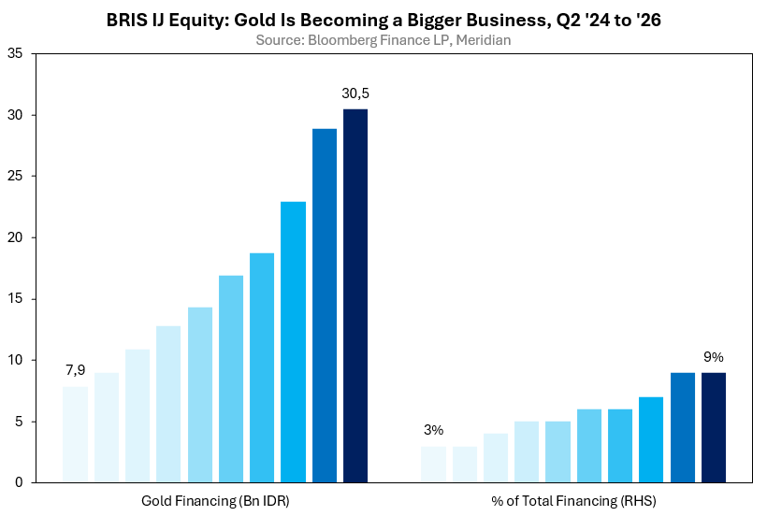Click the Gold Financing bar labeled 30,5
click(x=355, y=295)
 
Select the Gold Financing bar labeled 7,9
click(x=76, y=435)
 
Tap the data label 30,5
click(x=355, y=93)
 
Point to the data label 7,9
click(x=76, y=370)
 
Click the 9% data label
click(x=714, y=357)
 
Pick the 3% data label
click(x=433, y=430)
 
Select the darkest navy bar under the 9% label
click(x=714, y=427)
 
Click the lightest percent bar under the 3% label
click(x=433, y=465)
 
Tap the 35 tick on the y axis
click(x=15, y=53)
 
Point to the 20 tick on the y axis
click(x=15, y=237)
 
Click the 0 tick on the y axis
click(x=19, y=482)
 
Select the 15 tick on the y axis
click(x=15, y=298)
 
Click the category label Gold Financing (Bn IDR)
click(x=215, y=501)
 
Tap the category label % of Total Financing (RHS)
click(x=573, y=501)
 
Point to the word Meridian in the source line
click(x=484, y=39)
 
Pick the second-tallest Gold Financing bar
click(x=325, y=306)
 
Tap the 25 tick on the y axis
click(x=15, y=176)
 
